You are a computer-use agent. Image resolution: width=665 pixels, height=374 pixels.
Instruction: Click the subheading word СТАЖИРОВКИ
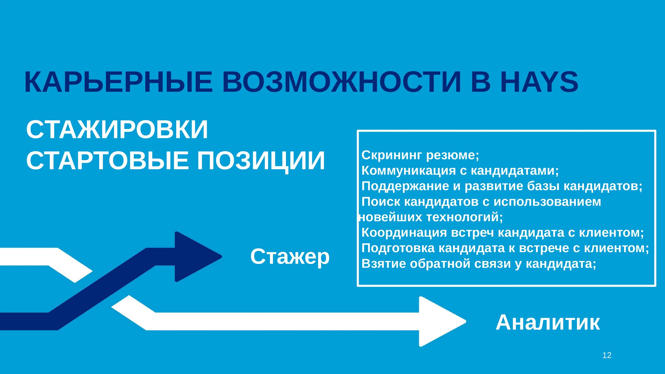(x=117, y=130)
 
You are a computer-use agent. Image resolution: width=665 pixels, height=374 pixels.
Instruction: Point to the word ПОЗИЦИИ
(x=261, y=161)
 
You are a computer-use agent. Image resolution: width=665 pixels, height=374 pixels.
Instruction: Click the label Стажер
(x=290, y=257)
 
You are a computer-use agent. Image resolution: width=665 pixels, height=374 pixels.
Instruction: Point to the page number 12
(x=607, y=355)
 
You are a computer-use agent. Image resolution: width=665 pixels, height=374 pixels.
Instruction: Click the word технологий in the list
(x=464, y=217)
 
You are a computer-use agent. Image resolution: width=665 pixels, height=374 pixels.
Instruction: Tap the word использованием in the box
(x=547, y=202)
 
